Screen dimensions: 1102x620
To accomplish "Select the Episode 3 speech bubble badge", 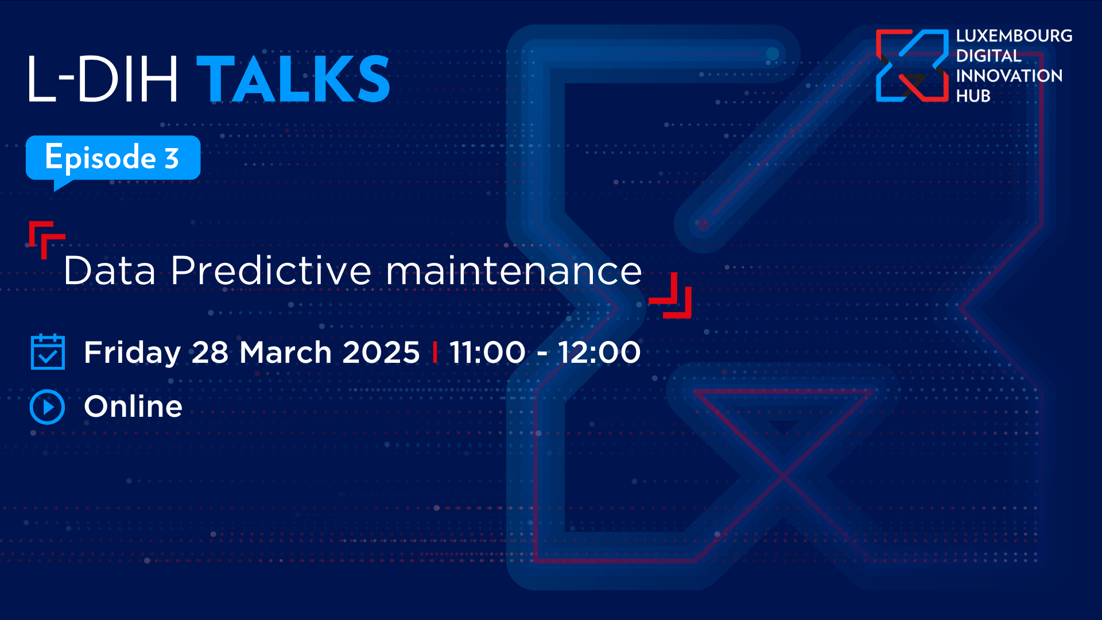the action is point(113,160).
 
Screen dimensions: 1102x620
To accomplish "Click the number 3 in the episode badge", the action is point(172,158).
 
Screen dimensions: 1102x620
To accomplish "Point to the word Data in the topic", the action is point(110,270).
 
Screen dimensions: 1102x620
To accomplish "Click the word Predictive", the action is point(271,270).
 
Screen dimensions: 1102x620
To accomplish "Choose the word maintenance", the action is point(514,271).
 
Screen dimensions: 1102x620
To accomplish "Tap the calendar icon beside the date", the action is point(48,351).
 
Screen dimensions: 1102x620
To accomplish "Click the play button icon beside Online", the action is point(47,407).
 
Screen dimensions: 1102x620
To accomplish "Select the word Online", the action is point(133,406).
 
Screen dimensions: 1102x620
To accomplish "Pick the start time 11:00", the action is point(487,352).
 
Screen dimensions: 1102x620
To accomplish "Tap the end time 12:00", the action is point(599,352).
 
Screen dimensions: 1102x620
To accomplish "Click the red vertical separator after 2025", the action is point(435,352).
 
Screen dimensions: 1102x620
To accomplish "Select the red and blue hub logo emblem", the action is point(912,65).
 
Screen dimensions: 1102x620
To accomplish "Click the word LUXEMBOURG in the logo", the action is point(1014,36).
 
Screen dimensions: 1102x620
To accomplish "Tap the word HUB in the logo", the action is point(973,96).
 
